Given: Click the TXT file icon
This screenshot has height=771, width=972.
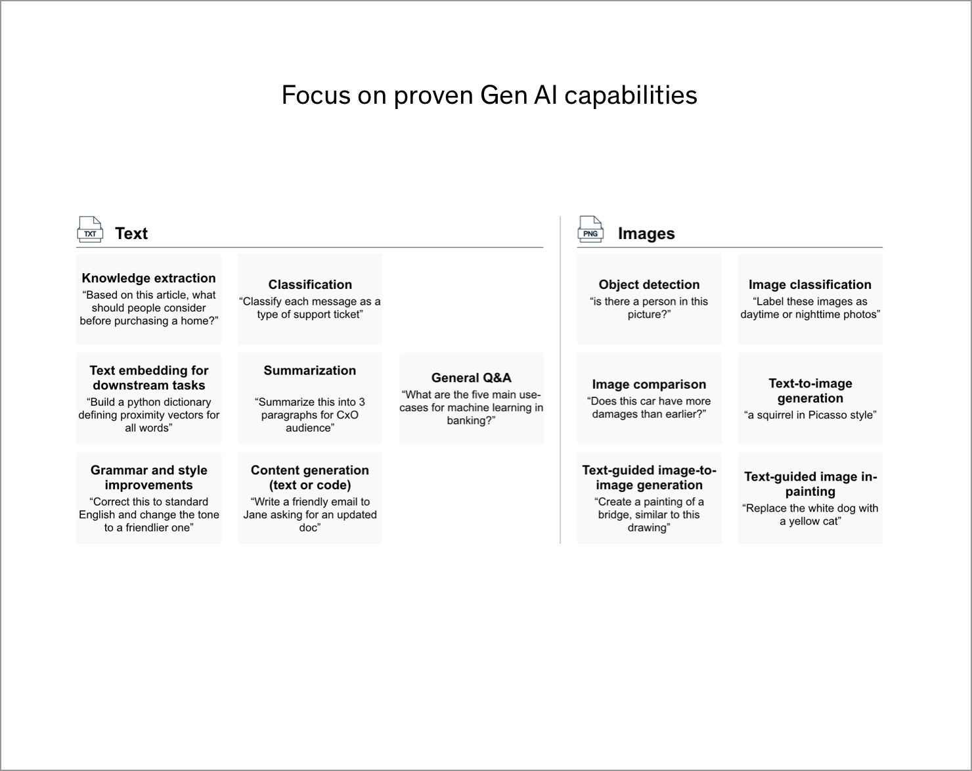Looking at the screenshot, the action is [90, 229].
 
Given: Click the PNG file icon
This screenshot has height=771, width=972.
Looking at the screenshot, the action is [590, 229].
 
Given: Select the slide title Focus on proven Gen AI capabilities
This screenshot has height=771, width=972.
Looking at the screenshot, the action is [489, 95].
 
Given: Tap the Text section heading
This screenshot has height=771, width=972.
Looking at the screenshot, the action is [131, 234].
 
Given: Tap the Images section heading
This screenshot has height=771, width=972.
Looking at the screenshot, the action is [646, 234].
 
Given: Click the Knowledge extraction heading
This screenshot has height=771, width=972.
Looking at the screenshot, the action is [148, 278].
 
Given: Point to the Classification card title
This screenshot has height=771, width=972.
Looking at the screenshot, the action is [310, 284].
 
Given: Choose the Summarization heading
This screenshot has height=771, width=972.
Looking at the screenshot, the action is [310, 370].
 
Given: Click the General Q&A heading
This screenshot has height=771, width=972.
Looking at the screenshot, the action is [471, 378].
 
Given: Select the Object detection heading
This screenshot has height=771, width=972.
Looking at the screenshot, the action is [649, 284].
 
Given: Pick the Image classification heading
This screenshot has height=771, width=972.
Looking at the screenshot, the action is [810, 284].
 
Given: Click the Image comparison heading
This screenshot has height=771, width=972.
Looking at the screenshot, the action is [649, 384].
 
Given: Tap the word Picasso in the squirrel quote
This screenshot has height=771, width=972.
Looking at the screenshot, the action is [825, 415].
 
